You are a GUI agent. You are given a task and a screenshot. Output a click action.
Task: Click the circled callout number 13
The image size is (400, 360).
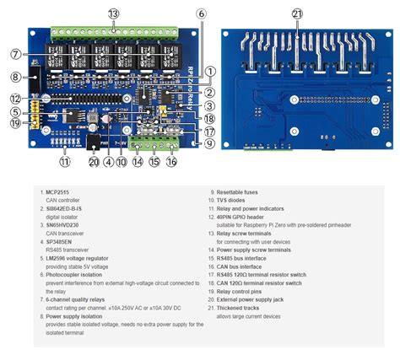(113, 13)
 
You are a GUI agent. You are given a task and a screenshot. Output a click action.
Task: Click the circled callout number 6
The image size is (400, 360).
(200, 13)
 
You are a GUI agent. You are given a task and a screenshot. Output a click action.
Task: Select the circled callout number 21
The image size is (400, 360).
(297, 13)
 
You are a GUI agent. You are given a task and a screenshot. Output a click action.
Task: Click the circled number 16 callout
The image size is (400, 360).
(172, 161)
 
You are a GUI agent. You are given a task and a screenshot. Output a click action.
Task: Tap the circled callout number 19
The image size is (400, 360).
(15, 124)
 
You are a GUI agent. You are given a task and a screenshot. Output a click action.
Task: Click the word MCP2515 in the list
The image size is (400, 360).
(58, 192)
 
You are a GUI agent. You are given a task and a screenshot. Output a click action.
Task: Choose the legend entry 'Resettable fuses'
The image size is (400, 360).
(240, 192)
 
